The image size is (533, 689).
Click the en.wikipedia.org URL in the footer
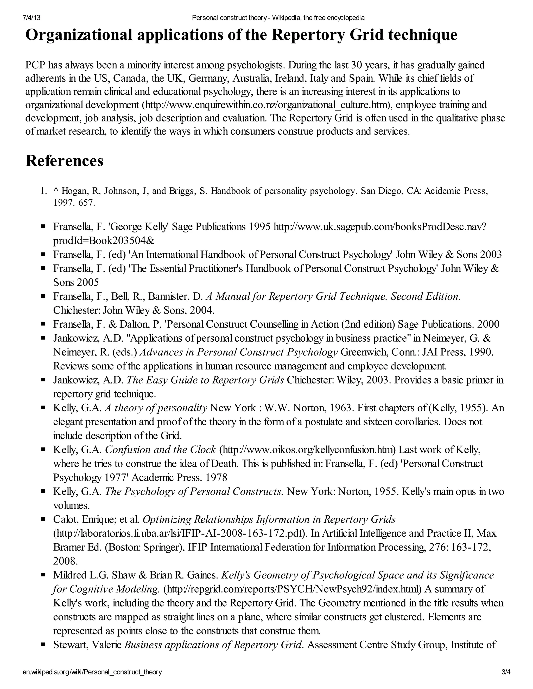[x=92, y=672]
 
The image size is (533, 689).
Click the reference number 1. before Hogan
[x=43, y=191]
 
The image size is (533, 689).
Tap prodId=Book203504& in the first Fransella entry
[x=104, y=240]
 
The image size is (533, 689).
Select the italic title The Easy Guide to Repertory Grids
[x=205, y=380]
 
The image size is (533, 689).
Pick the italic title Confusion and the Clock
[x=160, y=450]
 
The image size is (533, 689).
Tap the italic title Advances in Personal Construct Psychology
[x=239, y=352]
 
